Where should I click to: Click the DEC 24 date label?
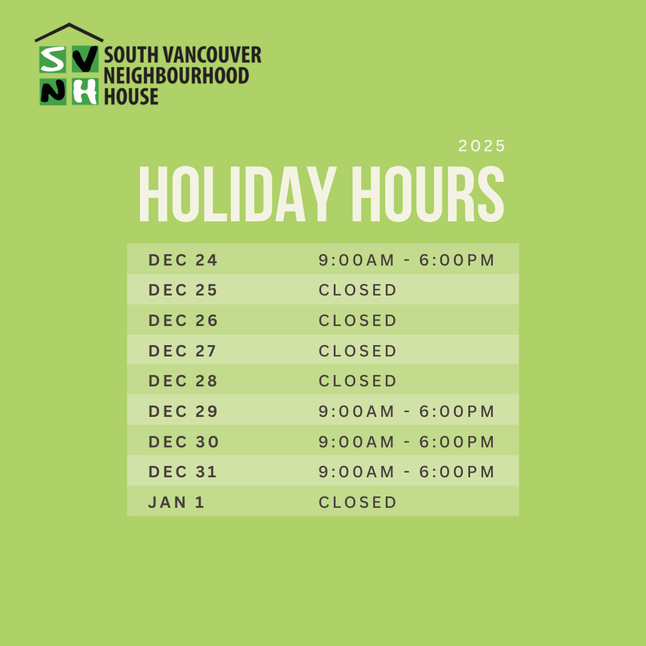[183, 260]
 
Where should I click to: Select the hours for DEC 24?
[407, 260]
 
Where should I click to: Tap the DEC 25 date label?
[183, 290]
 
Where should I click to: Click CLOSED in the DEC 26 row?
[358, 321]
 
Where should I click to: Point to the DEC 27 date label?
[182, 351]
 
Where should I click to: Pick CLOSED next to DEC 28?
[358, 381]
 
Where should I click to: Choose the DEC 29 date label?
[183, 412]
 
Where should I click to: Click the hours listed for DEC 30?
[407, 442]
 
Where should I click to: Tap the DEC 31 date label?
[182, 472]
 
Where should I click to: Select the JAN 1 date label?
[176, 502]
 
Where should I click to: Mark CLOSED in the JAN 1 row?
[358, 502]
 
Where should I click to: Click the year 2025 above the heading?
[482, 146]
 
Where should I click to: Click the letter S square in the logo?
[53, 59]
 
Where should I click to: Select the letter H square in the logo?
[85, 92]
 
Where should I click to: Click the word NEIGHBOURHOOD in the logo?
[176, 76]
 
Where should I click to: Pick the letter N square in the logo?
[53, 92]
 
